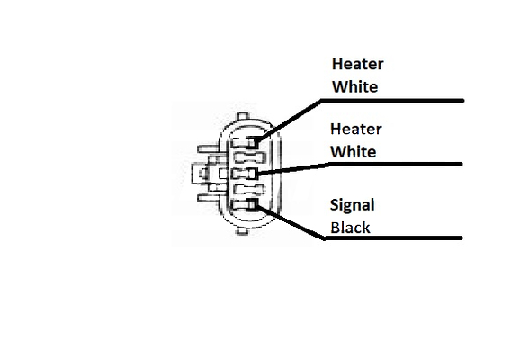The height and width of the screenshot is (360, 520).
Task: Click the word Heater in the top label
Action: point(358,64)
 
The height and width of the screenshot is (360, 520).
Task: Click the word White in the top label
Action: point(354,87)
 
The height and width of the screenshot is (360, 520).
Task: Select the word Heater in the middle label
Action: point(356,129)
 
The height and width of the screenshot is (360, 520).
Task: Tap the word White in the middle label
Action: point(354,152)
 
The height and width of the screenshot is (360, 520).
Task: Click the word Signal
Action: point(352,205)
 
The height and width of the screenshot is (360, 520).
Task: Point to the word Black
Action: point(350,228)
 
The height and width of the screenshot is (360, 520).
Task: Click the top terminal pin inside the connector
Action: point(245,143)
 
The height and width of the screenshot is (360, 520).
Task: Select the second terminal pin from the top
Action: point(250,157)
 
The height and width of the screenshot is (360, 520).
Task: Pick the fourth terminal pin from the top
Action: point(250,190)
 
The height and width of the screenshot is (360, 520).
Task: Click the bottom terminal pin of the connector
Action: point(245,204)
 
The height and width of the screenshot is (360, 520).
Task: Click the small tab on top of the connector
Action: point(242,116)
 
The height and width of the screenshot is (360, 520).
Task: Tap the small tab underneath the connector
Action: point(242,231)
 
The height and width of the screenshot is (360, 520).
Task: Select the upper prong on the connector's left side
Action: point(208,149)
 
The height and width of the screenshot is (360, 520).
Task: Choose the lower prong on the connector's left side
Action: point(208,198)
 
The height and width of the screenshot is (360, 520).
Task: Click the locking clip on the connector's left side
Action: point(203,174)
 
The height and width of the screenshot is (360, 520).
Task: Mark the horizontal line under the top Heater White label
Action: point(392,101)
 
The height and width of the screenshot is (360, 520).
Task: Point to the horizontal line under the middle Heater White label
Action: point(396,164)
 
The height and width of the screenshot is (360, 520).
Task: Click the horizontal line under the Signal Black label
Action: point(393,238)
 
